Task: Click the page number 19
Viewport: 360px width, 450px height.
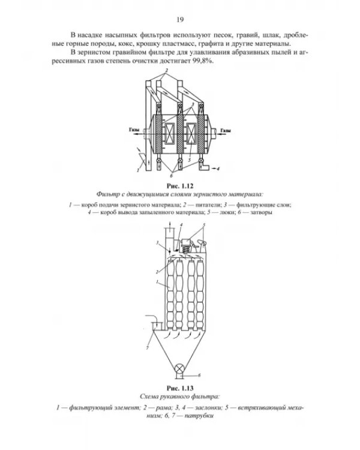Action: click(x=180, y=20)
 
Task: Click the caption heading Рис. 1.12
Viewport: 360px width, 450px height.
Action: click(x=180, y=186)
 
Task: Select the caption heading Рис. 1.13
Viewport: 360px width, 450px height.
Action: click(x=180, y=388)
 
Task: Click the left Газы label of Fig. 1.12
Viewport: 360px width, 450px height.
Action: click(x=134, y=130)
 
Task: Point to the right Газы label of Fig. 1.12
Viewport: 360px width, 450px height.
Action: click(x=226, y=131)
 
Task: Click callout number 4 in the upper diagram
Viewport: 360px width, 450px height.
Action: click(x=218, y=169)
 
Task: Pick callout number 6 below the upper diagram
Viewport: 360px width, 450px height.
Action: click(x=172, y=175)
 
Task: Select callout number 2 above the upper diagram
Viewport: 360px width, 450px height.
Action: click(x=166, y=70)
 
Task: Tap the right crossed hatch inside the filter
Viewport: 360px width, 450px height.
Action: click(x=191, y=133)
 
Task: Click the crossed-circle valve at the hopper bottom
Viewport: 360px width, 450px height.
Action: click(x=180, y=368)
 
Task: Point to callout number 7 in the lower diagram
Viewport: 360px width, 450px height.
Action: click(x=147, y=348)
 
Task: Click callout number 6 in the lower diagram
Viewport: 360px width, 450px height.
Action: click(x=199, y=375)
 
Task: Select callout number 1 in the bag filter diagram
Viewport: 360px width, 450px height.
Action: click(x=157, y=282)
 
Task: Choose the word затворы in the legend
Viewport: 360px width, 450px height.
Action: click(x=261, y=212)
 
